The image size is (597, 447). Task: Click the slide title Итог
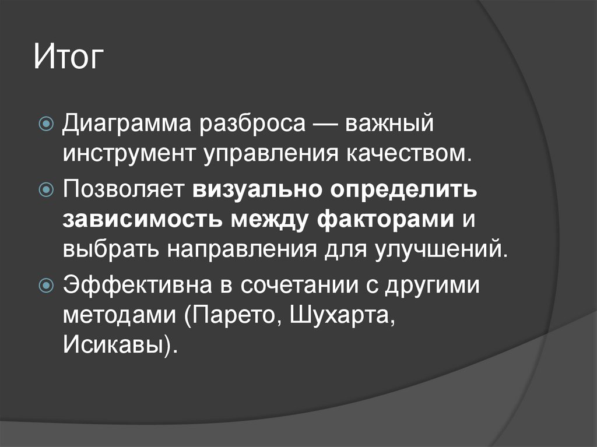(69, 59)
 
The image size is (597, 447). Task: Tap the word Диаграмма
(129, 124)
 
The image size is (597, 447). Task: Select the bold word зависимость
(140, 220)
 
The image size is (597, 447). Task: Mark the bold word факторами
(386, 220)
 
